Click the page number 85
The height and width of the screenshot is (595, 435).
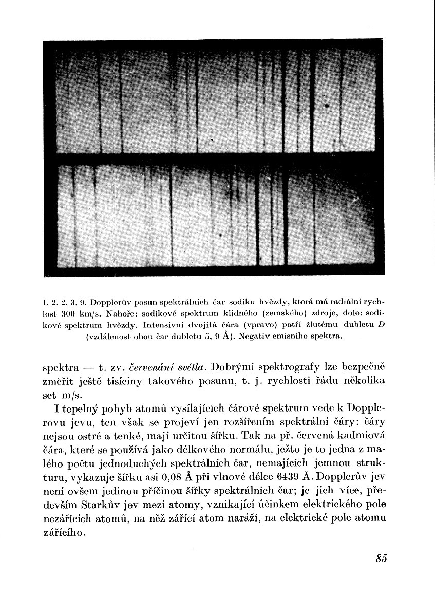381,560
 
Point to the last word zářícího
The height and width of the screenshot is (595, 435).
64,534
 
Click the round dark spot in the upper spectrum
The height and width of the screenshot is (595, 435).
326,106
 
